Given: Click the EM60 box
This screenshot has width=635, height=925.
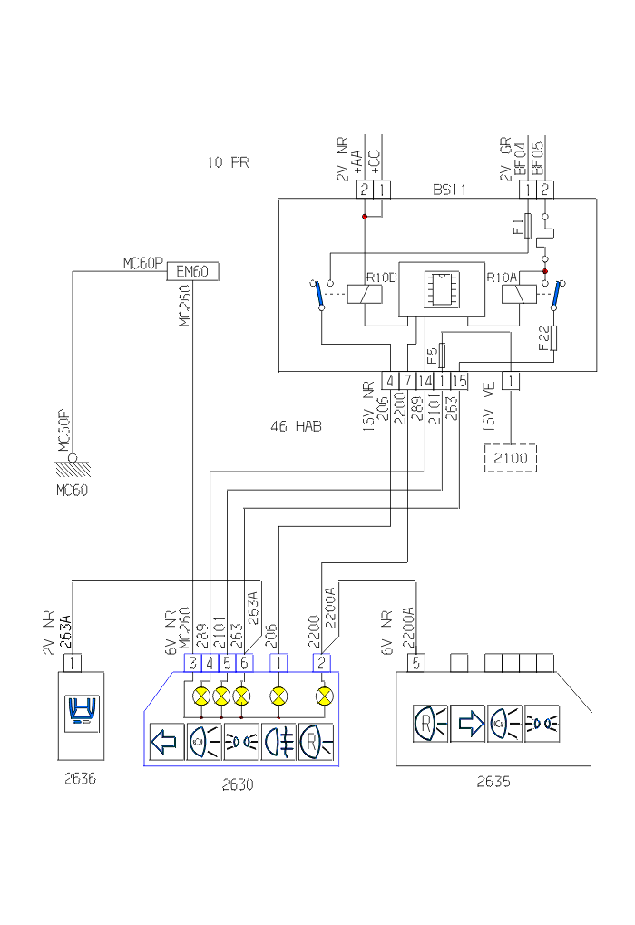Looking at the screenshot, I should click(192, 271).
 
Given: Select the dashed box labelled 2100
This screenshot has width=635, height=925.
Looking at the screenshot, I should click(510, 458).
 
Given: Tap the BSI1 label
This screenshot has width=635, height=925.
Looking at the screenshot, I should click(449, 190).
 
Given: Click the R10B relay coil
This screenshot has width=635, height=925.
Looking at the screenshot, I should click(364, 292).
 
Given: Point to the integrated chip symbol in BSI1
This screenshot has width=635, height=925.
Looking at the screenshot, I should click(437, 289).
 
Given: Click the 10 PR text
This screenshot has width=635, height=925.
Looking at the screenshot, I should click(228, 163).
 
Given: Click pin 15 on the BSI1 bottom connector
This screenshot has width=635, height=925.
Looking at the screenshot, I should click(459, 381).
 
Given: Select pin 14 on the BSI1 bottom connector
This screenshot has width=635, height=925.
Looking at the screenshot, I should click(425, 381).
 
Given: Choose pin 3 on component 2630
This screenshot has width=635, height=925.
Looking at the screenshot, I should click(193, 663).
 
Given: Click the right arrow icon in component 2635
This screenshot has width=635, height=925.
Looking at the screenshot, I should click(468, 724).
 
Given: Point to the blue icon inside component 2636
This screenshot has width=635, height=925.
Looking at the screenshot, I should click(81, 713).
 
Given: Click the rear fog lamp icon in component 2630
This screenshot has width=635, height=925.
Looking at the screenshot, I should click(279, 742).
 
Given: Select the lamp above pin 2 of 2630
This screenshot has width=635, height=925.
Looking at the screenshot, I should click(322, 696).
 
